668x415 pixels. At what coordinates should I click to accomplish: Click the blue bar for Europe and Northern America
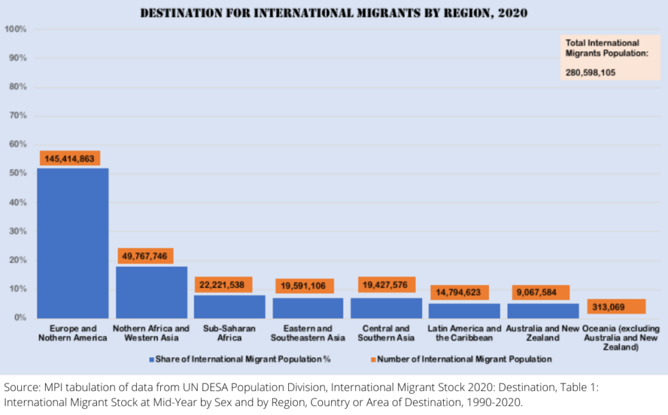72,243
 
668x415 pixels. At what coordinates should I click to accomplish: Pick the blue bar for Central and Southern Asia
386,308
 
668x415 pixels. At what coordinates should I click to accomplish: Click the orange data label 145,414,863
70,158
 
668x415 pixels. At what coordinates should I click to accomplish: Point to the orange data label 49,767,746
144,256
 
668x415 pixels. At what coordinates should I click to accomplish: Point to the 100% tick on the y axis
16,29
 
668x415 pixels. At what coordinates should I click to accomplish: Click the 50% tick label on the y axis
17,173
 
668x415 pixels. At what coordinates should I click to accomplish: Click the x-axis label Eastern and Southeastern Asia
307,333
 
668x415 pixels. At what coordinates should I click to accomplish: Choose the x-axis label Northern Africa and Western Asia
151,333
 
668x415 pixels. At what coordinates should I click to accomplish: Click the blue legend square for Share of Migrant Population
151,359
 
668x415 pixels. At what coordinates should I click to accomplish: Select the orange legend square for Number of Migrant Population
373,359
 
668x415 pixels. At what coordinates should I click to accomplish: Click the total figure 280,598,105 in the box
590,72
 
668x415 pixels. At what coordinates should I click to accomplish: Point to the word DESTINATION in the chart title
179,13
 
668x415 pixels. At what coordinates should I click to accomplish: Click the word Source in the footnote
21,387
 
